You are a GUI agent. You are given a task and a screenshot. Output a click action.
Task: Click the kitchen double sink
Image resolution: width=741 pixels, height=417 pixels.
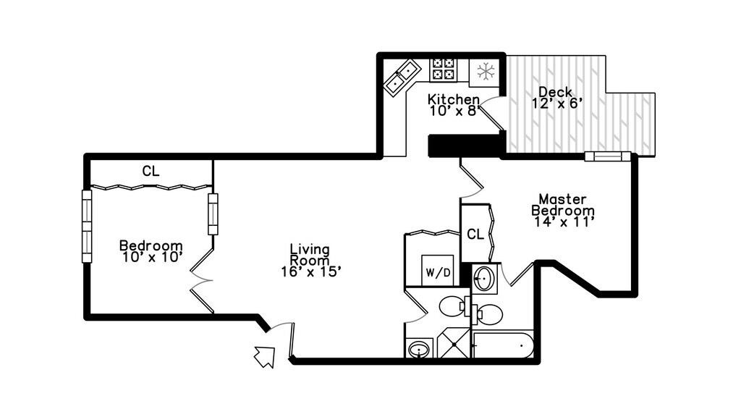pos(402,77)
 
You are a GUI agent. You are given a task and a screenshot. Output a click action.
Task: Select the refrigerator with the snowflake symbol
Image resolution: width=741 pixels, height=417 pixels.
pos(485,71)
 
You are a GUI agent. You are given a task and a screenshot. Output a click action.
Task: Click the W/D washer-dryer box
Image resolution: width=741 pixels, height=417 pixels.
pos(437,271)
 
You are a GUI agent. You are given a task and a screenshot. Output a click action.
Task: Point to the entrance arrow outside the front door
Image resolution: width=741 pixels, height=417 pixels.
pos(264,356)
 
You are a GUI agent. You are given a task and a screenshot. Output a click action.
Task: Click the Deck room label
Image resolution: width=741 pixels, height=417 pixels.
pos(556,92)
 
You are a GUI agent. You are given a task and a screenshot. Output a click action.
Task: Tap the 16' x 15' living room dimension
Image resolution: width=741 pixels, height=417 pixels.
pos(311,271)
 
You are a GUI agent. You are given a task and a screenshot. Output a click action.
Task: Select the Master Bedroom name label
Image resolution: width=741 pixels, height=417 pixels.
pos(563,204)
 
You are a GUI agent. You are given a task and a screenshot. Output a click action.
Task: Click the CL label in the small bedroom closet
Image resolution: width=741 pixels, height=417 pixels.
pos(150,172)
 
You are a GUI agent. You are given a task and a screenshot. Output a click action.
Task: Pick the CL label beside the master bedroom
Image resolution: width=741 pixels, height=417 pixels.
pos(475,234)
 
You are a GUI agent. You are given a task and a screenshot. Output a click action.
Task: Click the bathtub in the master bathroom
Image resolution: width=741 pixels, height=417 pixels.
pos(503,345)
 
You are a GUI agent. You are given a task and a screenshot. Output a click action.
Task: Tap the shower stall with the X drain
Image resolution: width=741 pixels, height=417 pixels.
pos(454,343)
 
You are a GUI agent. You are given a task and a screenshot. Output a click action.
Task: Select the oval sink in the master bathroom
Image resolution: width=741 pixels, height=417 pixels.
pos(484,278)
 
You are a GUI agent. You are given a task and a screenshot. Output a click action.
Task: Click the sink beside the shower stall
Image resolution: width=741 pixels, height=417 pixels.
pos(419,350)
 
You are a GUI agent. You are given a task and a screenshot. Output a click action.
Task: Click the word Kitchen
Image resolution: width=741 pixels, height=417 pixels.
pos(454,99)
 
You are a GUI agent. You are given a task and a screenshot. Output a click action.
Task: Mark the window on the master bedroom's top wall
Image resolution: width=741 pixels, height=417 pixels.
pos(608,156)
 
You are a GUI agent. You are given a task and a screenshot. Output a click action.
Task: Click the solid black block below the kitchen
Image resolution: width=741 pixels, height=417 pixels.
pos(465,146)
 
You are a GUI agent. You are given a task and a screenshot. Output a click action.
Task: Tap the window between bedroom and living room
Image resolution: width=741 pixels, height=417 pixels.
pos(213,214)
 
